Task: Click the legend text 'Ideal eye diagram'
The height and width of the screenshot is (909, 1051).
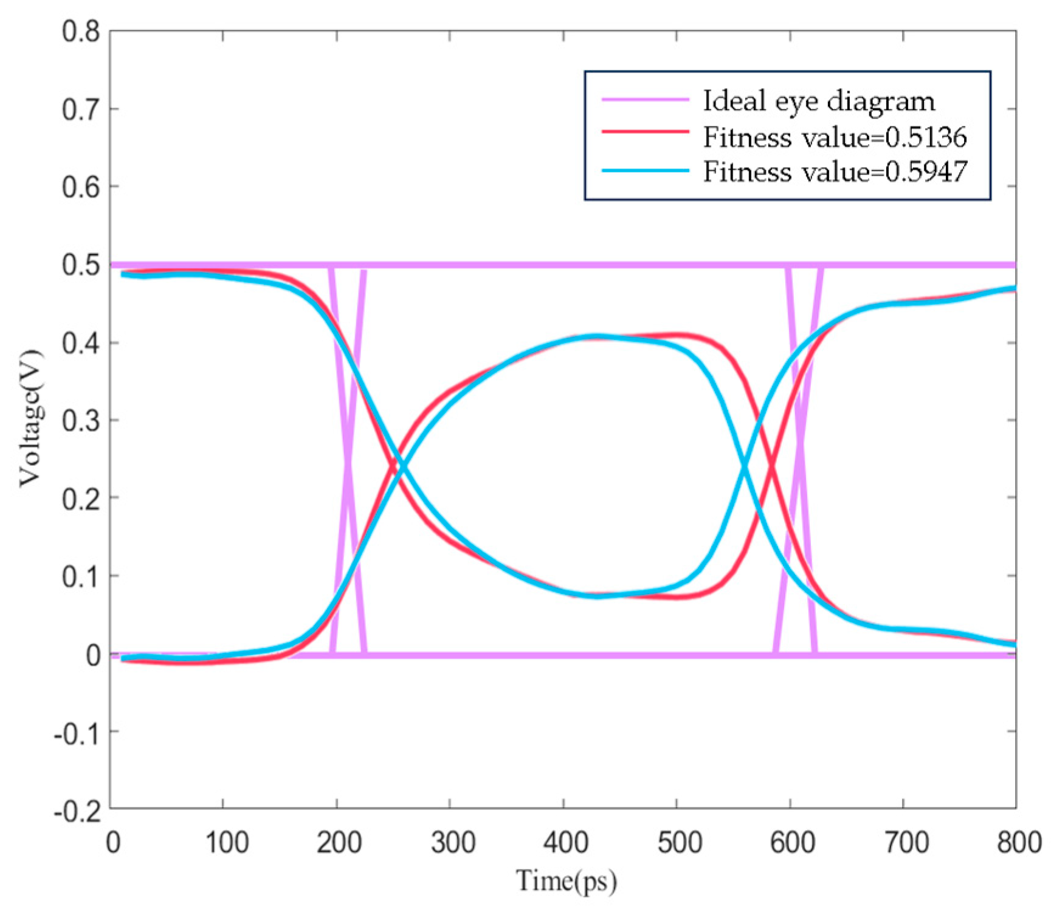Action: tap(818, 101)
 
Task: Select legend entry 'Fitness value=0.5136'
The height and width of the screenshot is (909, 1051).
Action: tap(834, 137)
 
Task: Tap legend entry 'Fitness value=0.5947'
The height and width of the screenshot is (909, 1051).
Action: tap(834, 171)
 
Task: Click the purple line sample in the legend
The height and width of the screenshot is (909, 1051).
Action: tap(645, 99)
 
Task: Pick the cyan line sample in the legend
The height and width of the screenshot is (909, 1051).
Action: tap(645, 170)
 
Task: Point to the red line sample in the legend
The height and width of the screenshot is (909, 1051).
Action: tap(645, 131)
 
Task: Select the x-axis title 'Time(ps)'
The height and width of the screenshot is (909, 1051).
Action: tap(566, 881)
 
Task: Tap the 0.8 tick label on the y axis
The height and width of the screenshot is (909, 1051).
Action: tap(80, 32)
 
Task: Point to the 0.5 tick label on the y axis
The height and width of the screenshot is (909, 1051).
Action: tap(80, 265)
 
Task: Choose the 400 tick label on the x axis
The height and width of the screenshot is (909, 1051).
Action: tap(565, 843)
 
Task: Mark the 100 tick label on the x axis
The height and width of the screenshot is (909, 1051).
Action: tap(226, 843)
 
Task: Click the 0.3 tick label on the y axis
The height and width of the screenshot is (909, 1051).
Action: tap(80, 421)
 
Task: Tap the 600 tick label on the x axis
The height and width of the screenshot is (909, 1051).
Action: tap(791, 843)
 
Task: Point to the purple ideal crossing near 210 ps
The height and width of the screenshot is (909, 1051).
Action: tap(348, 462)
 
